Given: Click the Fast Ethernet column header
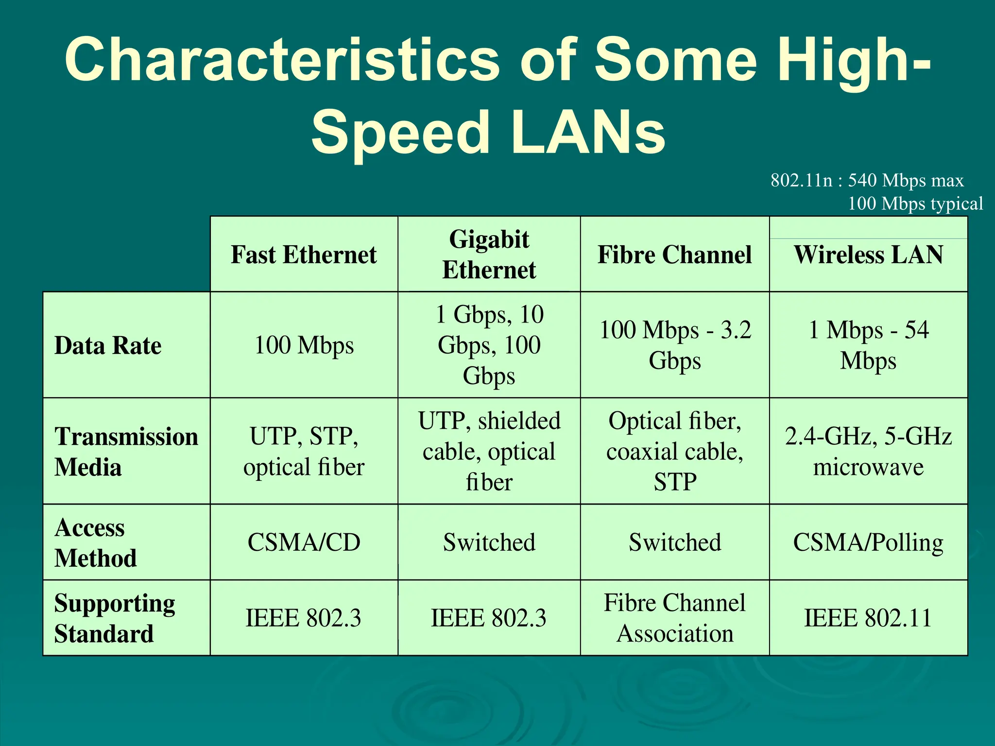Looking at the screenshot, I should point(304,254).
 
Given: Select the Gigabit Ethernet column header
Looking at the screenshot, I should point(489,254).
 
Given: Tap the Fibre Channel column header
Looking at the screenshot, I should point(674,254).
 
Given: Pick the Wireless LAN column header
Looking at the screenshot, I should point(868,254).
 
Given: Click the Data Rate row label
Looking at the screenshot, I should point(108,345).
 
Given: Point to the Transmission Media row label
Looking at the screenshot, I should point(126,451).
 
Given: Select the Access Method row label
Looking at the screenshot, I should point(95,542).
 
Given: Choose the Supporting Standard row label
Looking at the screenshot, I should point(115,618).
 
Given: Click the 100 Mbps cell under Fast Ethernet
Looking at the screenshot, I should point(304,345).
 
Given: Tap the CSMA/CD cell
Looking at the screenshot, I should point(304,542).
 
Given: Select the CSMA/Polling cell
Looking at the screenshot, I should point(868,542).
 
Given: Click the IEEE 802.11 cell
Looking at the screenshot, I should point(868,618).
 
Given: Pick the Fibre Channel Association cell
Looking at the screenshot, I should point(674,618).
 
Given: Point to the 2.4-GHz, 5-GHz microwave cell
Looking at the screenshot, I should point(868,451).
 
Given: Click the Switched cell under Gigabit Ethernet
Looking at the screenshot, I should point(489,542).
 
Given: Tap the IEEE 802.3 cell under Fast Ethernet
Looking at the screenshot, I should point(304,618).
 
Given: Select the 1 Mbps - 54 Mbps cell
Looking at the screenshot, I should point(868,345).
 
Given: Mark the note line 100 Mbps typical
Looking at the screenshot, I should point(915,203).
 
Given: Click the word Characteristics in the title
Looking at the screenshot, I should point(282,60).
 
